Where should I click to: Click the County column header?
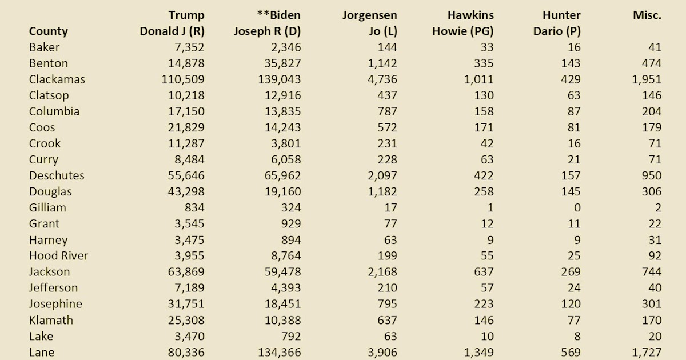point(48,31)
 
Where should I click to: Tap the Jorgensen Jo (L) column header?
point(369,23)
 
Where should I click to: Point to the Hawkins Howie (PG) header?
point(463,23)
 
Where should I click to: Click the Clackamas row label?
point(57,79)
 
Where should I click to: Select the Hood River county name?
point(58,255)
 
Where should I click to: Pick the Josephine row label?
point(55,303)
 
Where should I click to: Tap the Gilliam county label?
point(47,207)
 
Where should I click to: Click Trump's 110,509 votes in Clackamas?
point(183,79)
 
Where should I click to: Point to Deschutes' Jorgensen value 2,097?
point(380,175)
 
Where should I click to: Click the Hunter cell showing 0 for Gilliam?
point(576,207)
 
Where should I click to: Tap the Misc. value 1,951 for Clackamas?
point(646,79)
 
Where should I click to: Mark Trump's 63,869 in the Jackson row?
point(187,271)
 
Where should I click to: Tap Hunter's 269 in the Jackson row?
point(570,271)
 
